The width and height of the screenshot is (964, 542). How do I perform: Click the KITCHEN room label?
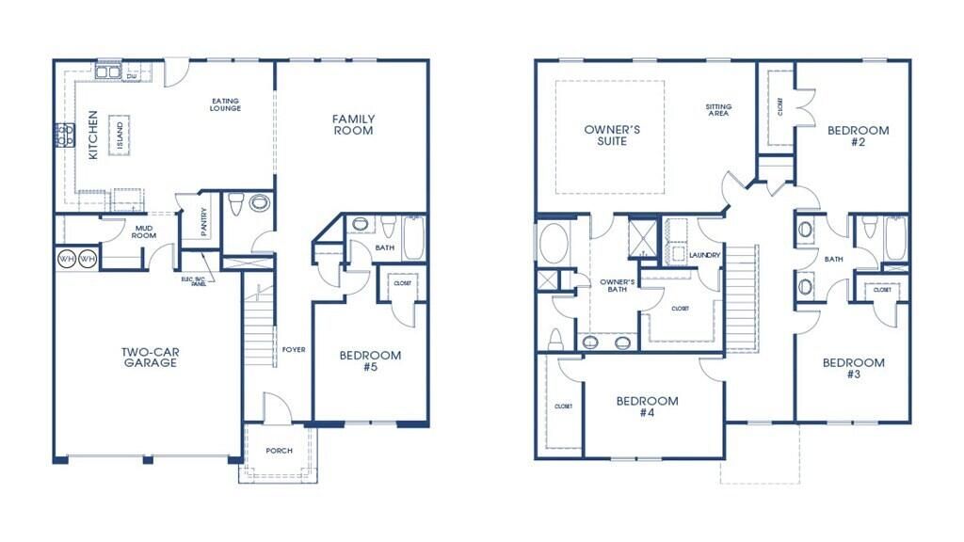click(x=93, y=135)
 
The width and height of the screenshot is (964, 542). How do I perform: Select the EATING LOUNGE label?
click(x=226, y=104)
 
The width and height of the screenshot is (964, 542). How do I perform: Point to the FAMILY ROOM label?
click(x=353, y=124)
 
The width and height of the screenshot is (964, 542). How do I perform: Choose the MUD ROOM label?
click(x=144, y=231)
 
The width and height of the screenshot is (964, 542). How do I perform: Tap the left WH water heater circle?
click(x=67, y=258)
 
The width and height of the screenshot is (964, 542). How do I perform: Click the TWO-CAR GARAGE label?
click(x=150, y=358)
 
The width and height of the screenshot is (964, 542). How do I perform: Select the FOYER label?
click(x=293, y=349)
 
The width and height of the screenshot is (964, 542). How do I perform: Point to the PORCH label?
click(x=279, y=451)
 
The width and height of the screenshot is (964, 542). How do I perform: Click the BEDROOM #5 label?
click(x=370, y=360)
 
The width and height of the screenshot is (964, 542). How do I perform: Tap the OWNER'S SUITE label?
click(x=606, y=135)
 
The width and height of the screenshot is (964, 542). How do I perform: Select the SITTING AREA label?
click(x=718, y=109)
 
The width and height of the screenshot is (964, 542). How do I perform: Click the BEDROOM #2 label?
click(x=858, y=136)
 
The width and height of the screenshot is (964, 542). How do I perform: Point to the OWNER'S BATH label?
click(x=619, y=285)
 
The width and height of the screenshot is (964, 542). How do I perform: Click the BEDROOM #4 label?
click(x=647, y=406)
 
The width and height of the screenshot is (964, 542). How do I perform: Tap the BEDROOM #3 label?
click(x=853, y=368)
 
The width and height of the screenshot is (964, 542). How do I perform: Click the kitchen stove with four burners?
click(x=65, y=135)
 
